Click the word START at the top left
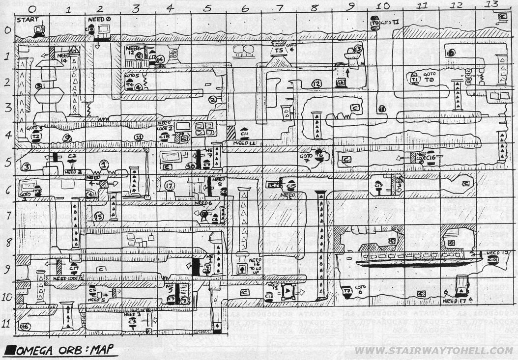coord(26,20)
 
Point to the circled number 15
coord(99,216)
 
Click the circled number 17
coord(170,186)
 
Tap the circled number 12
coord(317,84)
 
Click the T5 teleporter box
coord(279,50)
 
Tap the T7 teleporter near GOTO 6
coord(347,291)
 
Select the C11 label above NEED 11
coord(244,133)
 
